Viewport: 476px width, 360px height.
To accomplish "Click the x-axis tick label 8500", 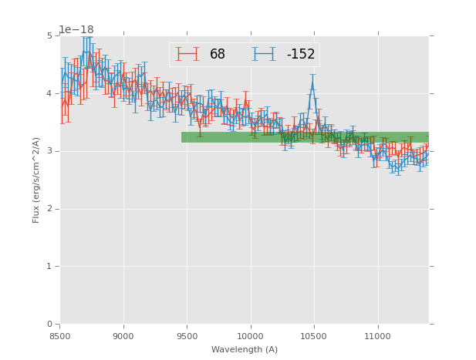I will click(x=60, y=336).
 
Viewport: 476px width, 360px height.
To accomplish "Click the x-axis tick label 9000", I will click(x=123, y=336).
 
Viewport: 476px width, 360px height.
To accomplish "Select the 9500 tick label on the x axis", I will click(x=187, y=336).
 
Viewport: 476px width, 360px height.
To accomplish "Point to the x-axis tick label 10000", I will click(x=250, y=336).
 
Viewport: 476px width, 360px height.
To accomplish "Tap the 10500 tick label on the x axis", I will click(x=313, y=336).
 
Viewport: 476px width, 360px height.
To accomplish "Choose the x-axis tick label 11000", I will click(x=377, y=336).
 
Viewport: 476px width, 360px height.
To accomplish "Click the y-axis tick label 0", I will click(x=49, y=325).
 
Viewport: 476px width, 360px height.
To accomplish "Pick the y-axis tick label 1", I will click(x=49, y=267).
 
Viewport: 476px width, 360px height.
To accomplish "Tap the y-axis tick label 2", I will click(x=49, y=209).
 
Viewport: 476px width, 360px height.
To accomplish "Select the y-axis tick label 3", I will click(x=49, y=151).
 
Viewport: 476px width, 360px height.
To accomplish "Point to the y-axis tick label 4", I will click(x=49, y=93).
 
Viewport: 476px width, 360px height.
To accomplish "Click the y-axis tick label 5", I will click(x=49, y=35).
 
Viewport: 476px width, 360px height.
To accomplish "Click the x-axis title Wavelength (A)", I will click(x=245, y=350).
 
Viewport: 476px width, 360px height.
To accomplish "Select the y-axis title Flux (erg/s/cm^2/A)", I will click(x=36, y=180).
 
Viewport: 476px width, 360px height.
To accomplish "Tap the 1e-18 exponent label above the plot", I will click(x=76, y=29).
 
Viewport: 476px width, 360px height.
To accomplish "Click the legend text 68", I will click(x=218, y=55).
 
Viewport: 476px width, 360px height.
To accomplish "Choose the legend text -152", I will click(x=300, y=55).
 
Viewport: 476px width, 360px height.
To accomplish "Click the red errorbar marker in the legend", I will click(x=187, y=54).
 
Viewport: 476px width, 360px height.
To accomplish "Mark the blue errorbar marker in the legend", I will click(x=264, y=54).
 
